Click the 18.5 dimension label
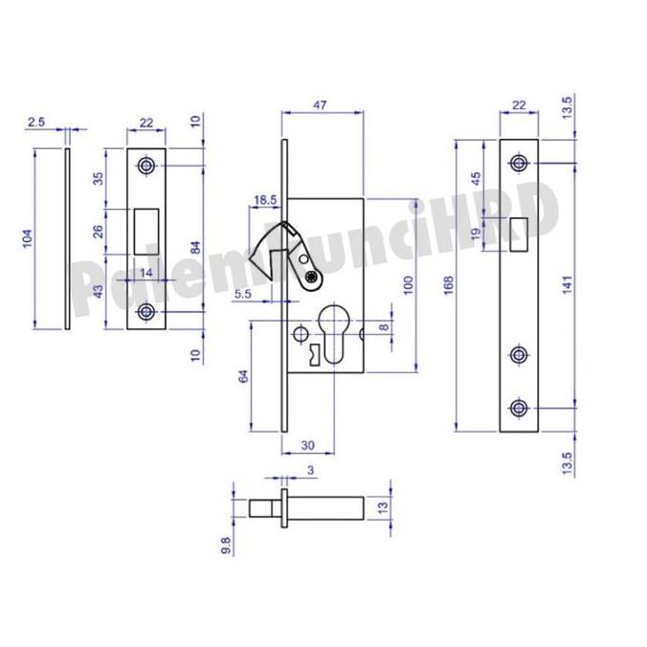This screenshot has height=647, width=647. (x=265, y=199)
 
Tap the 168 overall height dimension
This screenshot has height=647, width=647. (x=449, y=285)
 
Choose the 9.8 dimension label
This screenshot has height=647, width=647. (x=226, y=545)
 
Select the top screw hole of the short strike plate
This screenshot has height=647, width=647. (x=146, y=166)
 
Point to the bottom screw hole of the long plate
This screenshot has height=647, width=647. (x=519, y=409)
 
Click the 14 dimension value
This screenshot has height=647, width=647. (x=146, y=273)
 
